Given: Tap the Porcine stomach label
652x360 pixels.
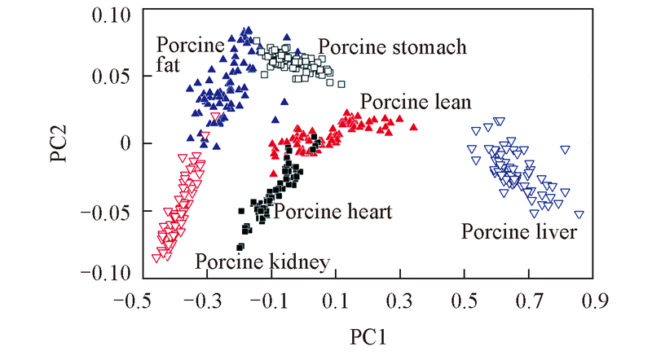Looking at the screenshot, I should click(393, 46).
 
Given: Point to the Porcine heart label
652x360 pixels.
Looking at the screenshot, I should click(333, 212).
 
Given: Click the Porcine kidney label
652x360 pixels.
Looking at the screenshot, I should click(262, 262).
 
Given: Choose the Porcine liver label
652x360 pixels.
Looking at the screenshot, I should click(519, 232).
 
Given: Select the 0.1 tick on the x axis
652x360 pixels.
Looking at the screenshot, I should click(336, 303).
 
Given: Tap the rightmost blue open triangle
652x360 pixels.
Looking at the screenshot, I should click(579, 215).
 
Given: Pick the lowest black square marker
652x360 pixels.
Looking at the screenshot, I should click(240, 246).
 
